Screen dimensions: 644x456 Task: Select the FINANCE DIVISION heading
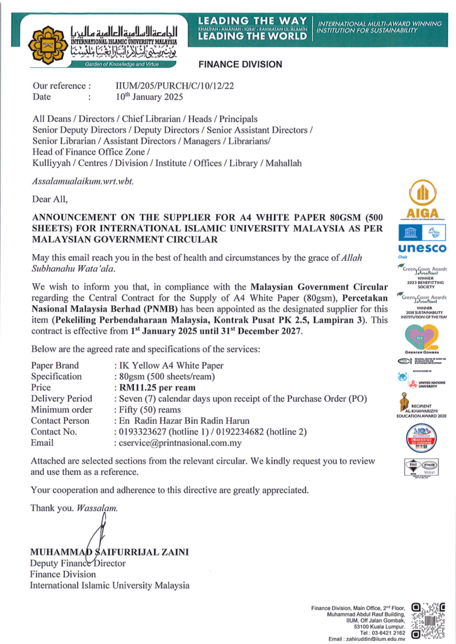(240, 64)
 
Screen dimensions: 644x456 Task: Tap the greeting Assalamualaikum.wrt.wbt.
(83, 181)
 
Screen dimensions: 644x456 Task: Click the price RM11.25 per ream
(153, 387)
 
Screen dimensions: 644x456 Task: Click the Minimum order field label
(63, 409)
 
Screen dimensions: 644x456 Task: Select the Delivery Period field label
(61, 398)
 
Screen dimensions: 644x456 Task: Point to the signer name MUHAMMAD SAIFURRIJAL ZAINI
(110, 552)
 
